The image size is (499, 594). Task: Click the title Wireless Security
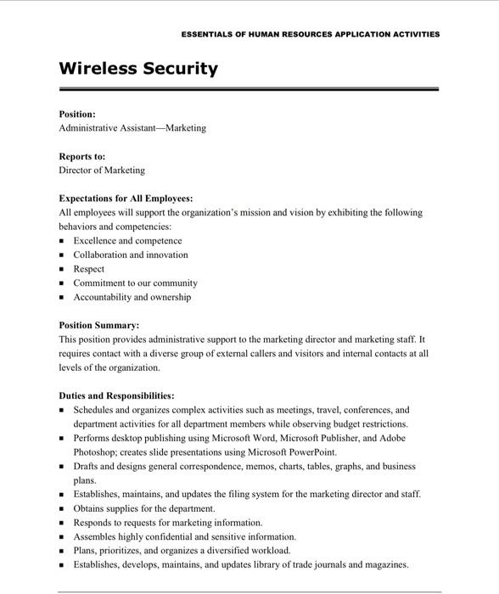click(138, 69)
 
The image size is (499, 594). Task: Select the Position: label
click(76, 114)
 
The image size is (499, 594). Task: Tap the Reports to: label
click(81, 156)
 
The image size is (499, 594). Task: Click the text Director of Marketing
click(102, 171)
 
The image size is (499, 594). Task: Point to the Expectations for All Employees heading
click(126, 199)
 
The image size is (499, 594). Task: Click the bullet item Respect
click(89, 269)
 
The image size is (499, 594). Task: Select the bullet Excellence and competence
click(127, 241)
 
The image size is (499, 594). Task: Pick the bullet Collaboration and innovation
click(131, 255)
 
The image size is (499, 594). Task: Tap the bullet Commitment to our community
click(135, 283)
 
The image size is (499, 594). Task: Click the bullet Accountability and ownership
click(132, 298)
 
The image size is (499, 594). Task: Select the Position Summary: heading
click(98, 325)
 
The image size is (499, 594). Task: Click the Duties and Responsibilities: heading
click(116, 395)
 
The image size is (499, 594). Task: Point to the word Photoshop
click(94, 452)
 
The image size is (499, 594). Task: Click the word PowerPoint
click(313, 452)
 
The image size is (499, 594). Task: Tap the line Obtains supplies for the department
click(144, 508)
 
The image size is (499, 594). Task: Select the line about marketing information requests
click(168, 523)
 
